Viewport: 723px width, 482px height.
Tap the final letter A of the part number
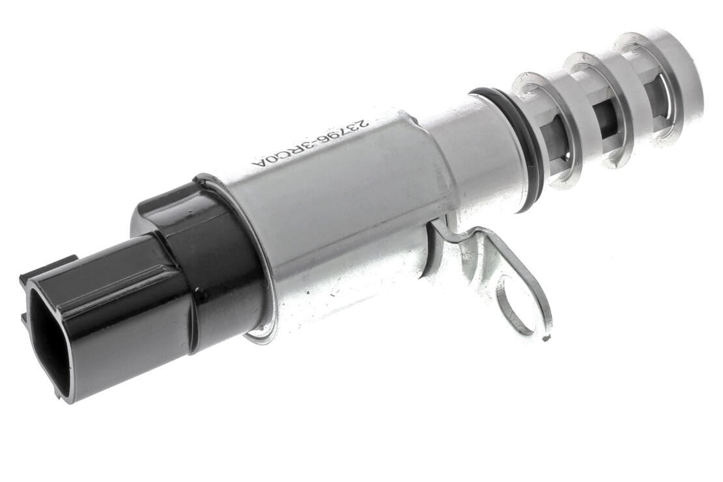[257, 163]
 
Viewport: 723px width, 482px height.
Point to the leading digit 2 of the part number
[363, 122]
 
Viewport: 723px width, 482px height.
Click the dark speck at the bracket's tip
[546, 338]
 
